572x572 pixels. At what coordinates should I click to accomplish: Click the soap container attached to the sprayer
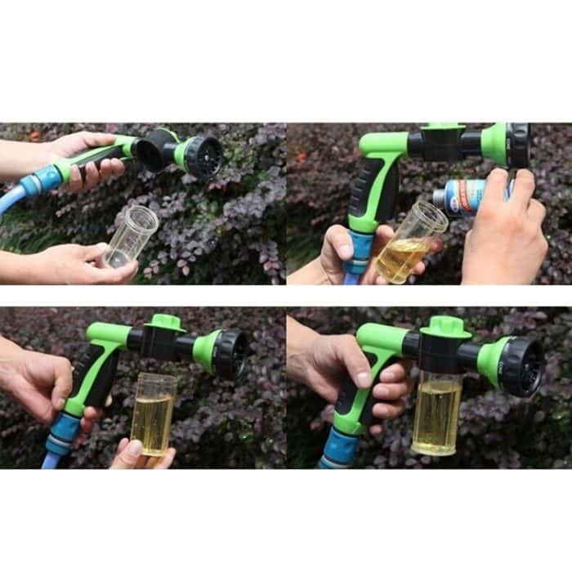point(437,412)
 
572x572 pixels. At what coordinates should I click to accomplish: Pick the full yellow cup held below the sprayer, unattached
point(153,413)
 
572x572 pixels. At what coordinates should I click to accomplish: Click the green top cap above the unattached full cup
point(168,322)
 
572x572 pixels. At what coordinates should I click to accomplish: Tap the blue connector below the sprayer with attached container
point(338,450)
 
